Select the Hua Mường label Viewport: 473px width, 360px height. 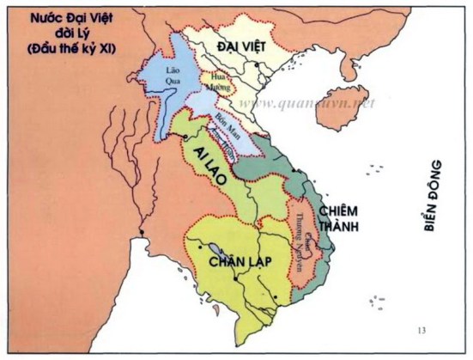tap(213, 82)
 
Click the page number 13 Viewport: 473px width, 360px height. tap(421, 331)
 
